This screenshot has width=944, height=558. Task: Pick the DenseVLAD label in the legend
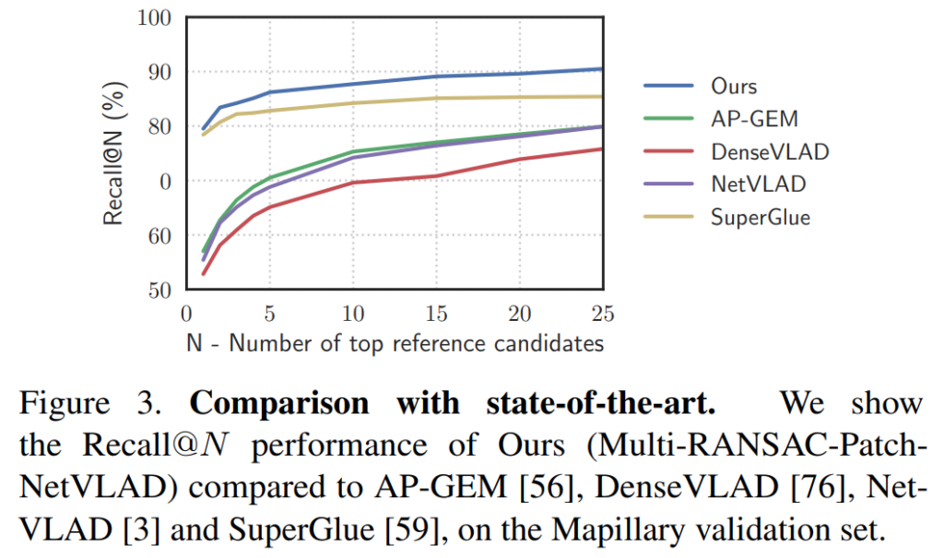point(770,151)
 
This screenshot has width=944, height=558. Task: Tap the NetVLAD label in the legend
point(758,184)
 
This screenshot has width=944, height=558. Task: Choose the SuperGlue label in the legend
point(761,217)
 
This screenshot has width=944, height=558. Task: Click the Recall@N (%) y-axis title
point(113,154)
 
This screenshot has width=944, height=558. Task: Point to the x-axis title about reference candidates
point(395,343)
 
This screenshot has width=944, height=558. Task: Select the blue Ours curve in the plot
point(437,76)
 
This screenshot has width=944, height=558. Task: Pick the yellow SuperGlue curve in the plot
point(437,98)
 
